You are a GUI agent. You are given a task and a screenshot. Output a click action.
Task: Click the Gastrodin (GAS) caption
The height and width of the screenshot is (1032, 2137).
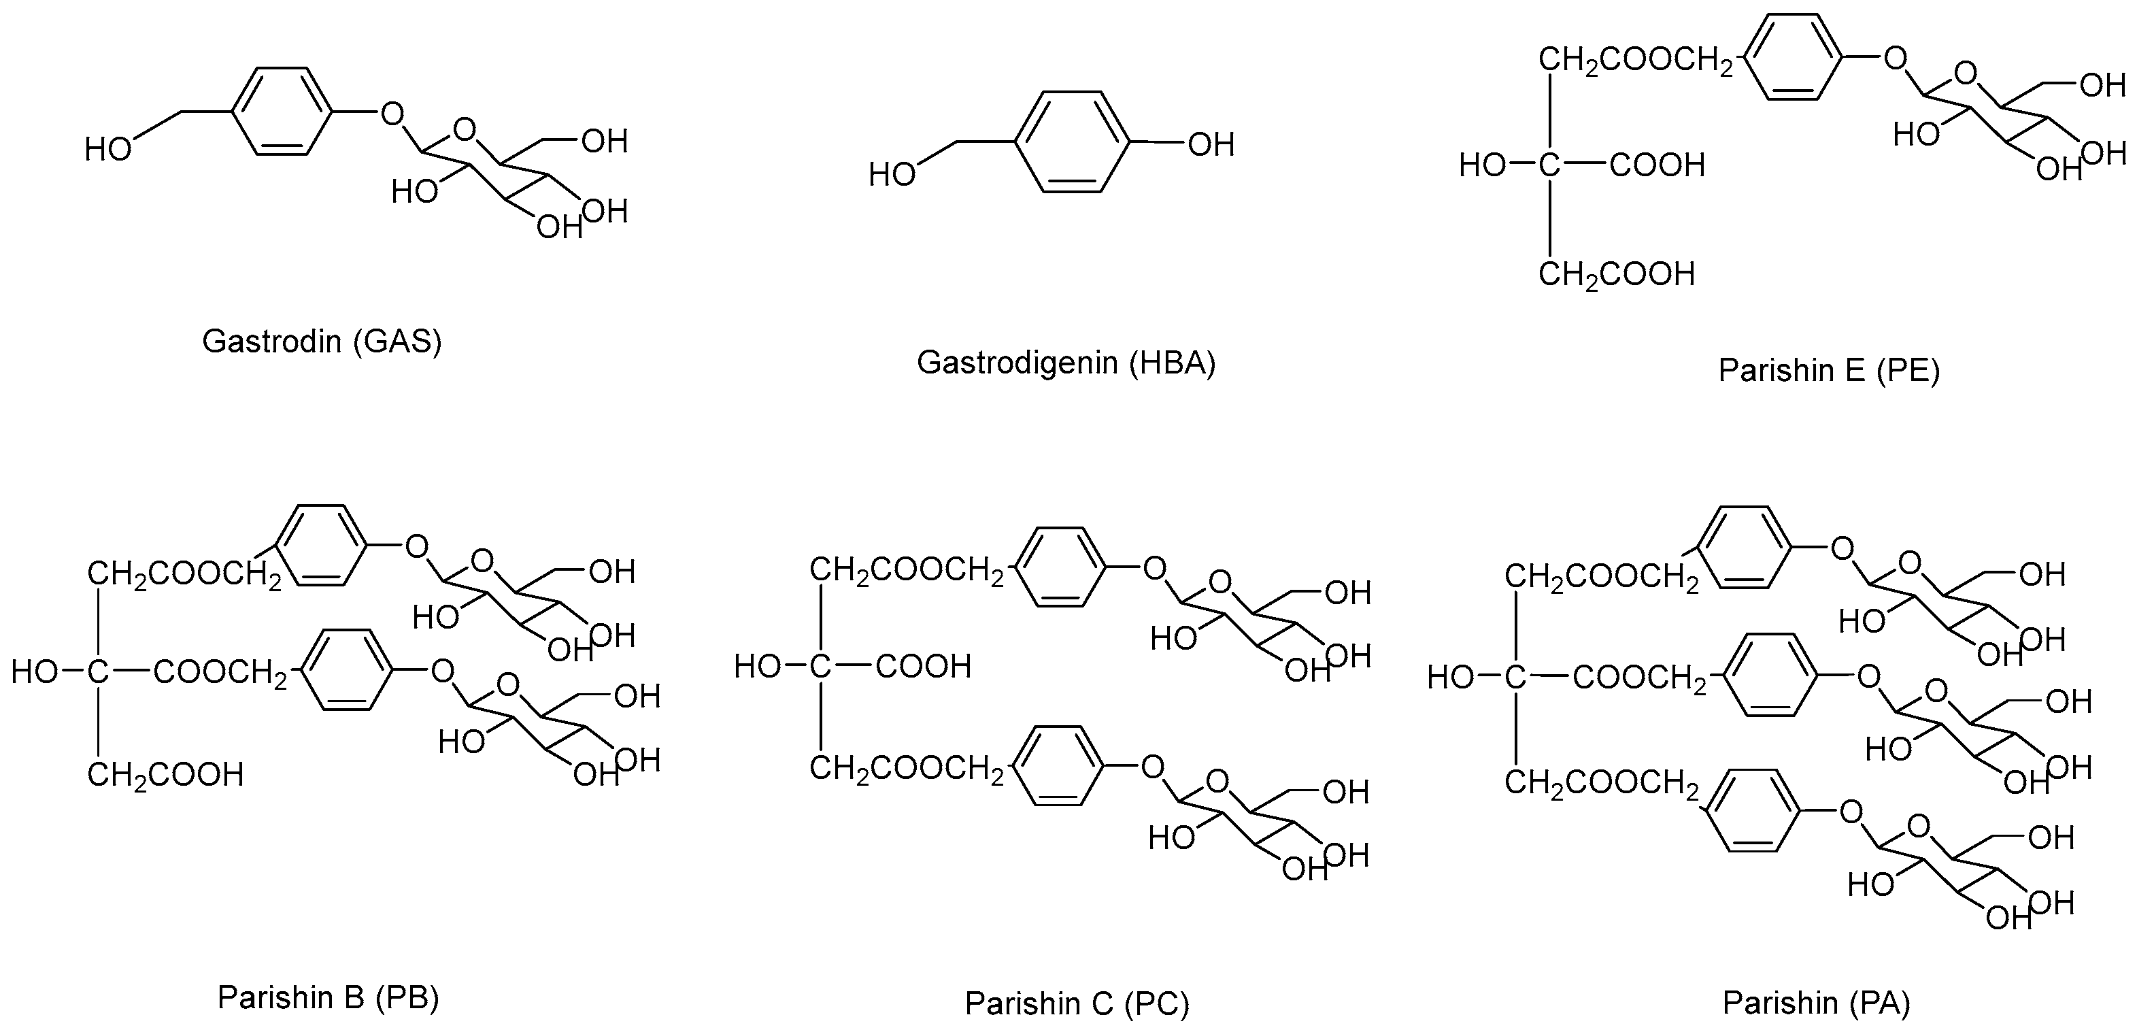click(322, 342)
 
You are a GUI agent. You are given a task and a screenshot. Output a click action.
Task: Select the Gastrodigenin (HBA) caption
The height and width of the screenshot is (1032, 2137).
click(1065, 363)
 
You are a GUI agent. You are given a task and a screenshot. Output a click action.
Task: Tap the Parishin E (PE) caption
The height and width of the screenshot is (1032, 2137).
click(1828, 370)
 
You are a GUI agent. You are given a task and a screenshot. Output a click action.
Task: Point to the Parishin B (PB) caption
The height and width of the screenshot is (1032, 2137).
click(328, 997)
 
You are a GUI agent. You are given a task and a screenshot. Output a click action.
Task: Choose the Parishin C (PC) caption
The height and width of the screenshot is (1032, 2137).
click(1077, 1004)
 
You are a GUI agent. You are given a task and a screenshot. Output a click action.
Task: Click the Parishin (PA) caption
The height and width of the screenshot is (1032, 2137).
click(1816, 1003)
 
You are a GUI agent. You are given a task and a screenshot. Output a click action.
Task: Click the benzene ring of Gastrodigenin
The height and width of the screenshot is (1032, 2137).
click(1072, 143)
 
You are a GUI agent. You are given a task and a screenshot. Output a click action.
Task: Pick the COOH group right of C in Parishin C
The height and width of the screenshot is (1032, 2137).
click(922, 666)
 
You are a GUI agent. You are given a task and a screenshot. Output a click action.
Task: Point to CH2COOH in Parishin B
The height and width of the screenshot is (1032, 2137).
click(165, 775)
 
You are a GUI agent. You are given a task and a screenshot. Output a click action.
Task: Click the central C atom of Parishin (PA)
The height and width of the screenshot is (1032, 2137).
click(1515, 678)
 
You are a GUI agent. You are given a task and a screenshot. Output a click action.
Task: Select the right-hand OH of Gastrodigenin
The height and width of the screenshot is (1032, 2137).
click(1211, 145)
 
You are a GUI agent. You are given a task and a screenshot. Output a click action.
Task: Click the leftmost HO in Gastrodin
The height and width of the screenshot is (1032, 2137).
click(108, 150)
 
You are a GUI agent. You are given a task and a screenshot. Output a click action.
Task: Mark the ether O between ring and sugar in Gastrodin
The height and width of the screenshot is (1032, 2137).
click(392, 113)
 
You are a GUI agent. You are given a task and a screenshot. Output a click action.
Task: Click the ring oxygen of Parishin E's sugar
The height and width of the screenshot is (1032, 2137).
click(1966, 75)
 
